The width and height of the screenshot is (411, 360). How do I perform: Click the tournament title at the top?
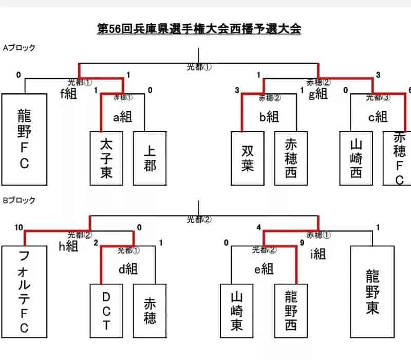[x=199, y=28]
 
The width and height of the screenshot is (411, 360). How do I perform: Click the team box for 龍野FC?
[x=24, y=139]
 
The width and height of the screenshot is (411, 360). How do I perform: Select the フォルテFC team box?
[x=24, y=291]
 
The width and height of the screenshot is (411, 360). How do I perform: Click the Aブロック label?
[x=20, y=48]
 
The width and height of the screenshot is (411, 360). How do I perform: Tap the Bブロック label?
[x=20, y=200]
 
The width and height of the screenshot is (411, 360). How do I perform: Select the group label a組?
[x=123, y=117]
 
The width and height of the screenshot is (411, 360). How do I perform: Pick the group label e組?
[x=264, y=268]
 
